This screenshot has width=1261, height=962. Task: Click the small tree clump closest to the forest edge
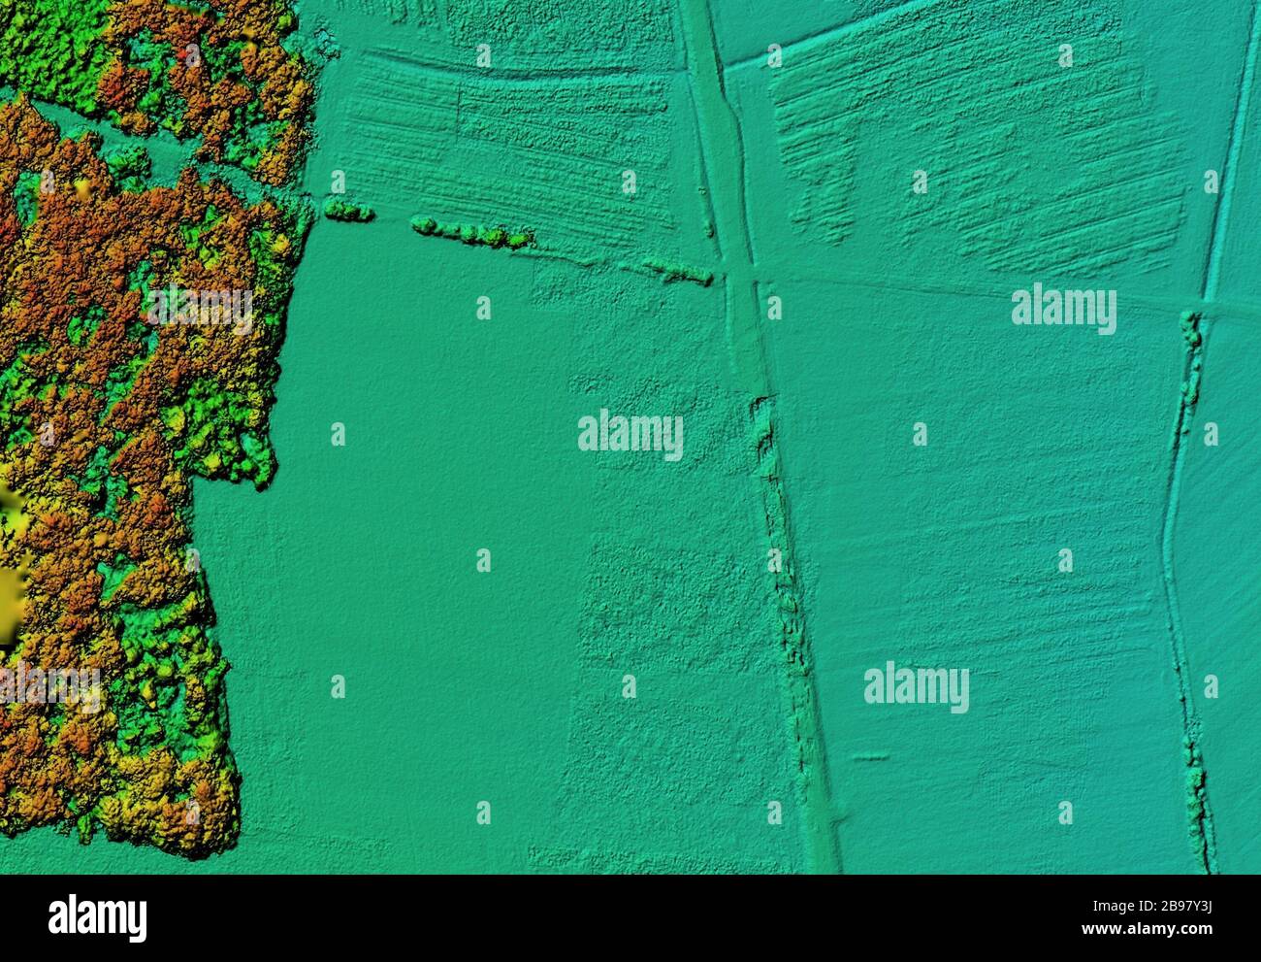point(348,211)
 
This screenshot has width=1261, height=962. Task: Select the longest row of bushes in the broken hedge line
point(473,233)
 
